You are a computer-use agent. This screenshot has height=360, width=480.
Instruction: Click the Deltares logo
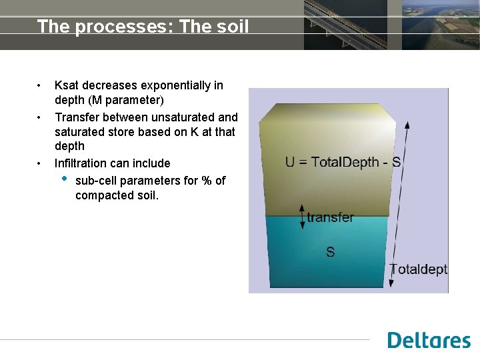(429, 340)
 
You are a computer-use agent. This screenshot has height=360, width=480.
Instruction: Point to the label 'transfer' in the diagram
(330, 217)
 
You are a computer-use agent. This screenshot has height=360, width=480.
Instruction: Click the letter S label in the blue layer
(330, 252)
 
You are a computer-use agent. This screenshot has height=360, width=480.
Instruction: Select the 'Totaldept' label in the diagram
(418, 269)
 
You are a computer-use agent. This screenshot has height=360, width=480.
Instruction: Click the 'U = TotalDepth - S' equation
(343, 162)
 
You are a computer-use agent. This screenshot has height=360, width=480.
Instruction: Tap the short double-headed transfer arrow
(303, 217)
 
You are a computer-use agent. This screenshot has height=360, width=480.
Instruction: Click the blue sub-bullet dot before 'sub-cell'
(64, 179)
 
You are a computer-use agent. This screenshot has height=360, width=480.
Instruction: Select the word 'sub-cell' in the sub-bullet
(95, 181)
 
